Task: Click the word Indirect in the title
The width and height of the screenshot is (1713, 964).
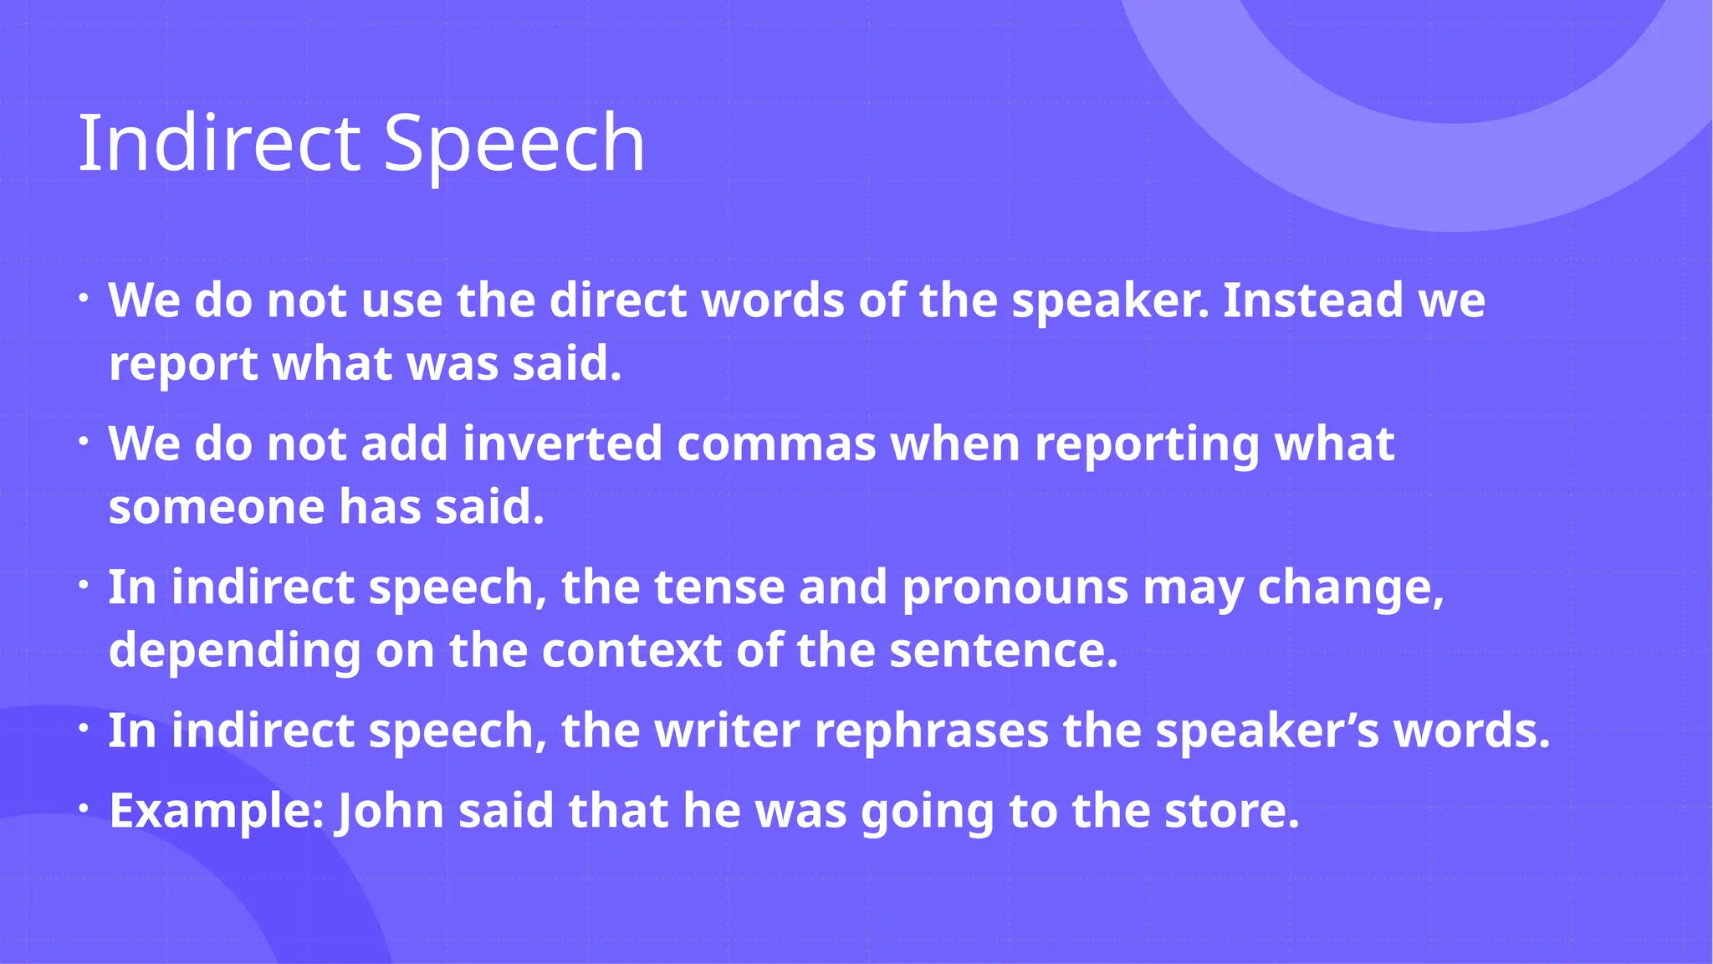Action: pyautogui.click(x=218, y=144)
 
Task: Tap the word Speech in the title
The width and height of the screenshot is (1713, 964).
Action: pyautogui.click(x=514, y=144)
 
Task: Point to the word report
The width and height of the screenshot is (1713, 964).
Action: pyautogui.click(x=184, y=365)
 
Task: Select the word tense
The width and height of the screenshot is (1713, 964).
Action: pyautogui.click(x=719, y=587)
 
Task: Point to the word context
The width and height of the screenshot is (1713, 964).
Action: pyautogui.click(x=632, y=651)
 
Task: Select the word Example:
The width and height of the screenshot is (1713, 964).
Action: pyautogui.click(x=217, y=812)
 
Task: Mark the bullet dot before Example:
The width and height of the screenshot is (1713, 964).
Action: pyautogui.click(x=84, y=808)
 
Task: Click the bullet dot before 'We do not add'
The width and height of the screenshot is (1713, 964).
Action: pyautogui.click(x=84, y=441)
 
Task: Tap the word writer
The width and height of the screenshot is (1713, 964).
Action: pyautogui.click(x=727, y=731)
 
